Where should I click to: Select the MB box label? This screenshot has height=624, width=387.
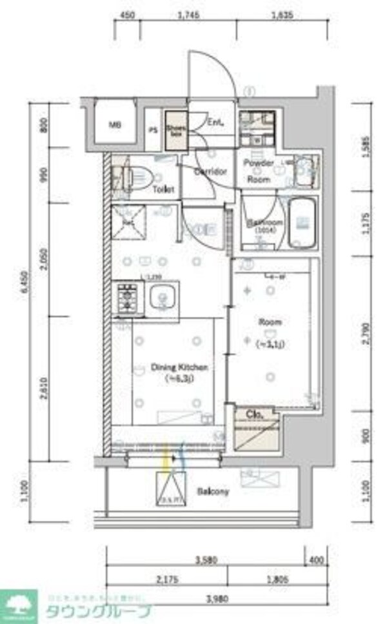pyautogui.click(x=114, y=125)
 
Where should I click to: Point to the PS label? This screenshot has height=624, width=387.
pyautogui.click(x=153, y=129)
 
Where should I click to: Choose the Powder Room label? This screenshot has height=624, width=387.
pyautogui.click(x=259, y=171)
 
